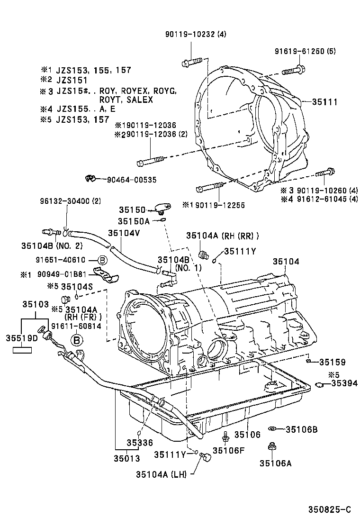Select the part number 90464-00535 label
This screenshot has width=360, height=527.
[x=132, y=180]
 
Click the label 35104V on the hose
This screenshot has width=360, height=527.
[x=124, y=233]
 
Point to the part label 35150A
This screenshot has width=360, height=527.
[x=134, y=221]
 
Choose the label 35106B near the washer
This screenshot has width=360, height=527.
[x=301, y=429]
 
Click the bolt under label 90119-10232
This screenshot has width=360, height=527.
[x=191, y=62]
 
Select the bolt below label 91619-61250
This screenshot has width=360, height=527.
[x=295, y=71]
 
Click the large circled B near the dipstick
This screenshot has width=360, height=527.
[x=77, y=339]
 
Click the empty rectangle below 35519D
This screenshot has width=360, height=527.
[x=22, y=351]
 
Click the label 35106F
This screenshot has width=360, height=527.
[x=228, y=450]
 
